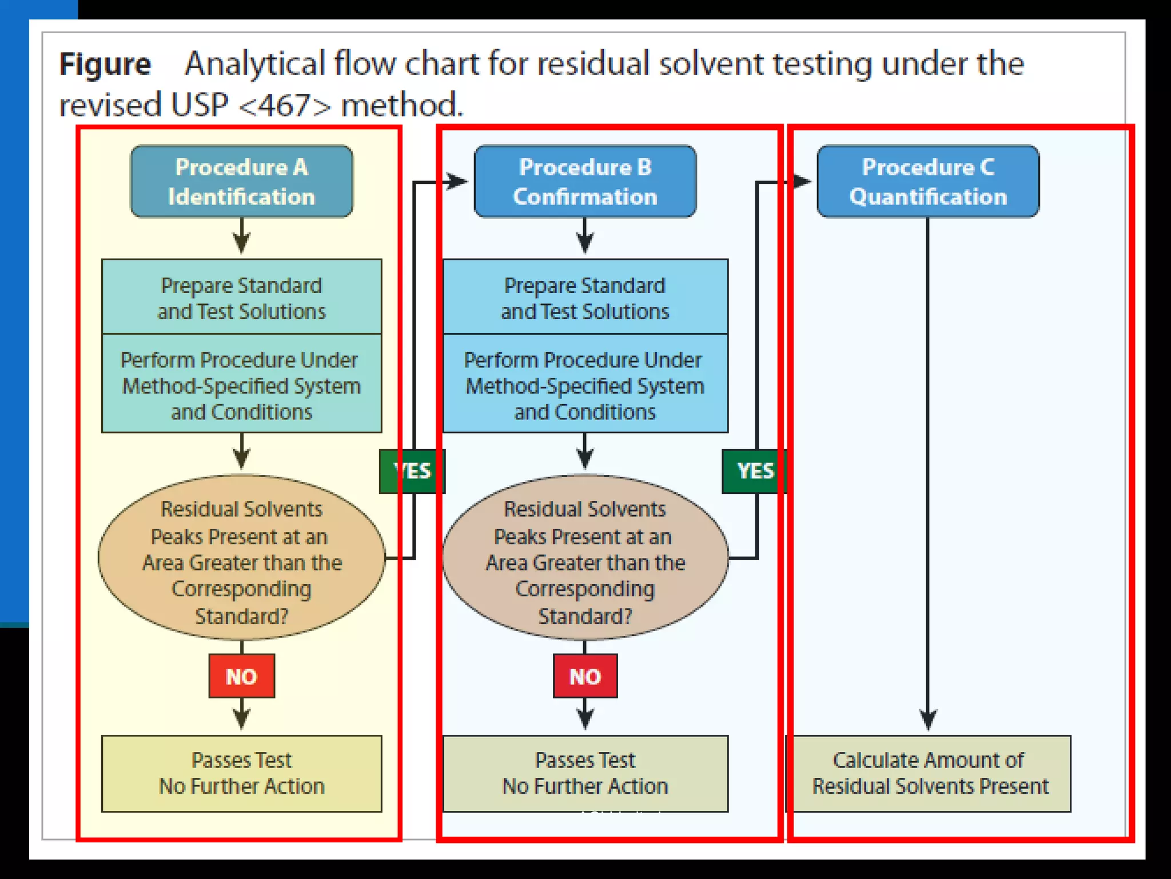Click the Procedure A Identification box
point(241,181)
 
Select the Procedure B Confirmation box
point(585,181)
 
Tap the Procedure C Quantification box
point(927,181)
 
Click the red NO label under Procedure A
point(241,676)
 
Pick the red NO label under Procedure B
point(585,676)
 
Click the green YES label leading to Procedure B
point(412,471)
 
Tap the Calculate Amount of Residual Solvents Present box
point(929,773)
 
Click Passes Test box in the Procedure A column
point(241,773)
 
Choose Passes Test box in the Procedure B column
point(585,773)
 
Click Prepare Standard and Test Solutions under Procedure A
point(241,297)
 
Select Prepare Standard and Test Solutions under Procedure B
point(585,297)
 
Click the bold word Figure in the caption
point(105,64)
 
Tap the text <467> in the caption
point(284,105)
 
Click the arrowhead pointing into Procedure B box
point(457,181)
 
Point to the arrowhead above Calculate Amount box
point(927,719)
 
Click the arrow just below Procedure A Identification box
point(241,237)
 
